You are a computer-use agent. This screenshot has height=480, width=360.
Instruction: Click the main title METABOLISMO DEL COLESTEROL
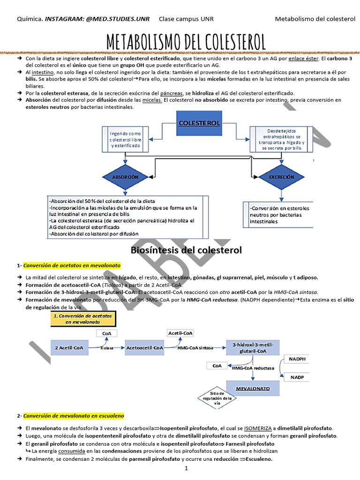point(186,42)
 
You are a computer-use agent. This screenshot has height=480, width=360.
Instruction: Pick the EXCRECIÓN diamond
point(282,177)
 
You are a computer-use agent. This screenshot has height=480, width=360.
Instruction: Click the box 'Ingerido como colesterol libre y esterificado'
point(125,139)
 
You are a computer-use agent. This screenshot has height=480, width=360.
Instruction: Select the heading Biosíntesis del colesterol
point(186,250)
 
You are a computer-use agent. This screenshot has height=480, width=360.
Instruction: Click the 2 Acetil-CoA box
point(69,348)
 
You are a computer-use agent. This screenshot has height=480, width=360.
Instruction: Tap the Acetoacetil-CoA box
point(144,348)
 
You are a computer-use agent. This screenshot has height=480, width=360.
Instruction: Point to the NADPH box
point(297,359)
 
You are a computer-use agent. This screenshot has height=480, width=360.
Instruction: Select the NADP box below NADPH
point(297,376)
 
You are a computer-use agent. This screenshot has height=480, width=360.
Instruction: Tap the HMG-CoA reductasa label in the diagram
point(253,368)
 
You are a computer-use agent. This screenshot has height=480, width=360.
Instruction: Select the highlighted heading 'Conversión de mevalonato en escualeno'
point(74,416)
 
